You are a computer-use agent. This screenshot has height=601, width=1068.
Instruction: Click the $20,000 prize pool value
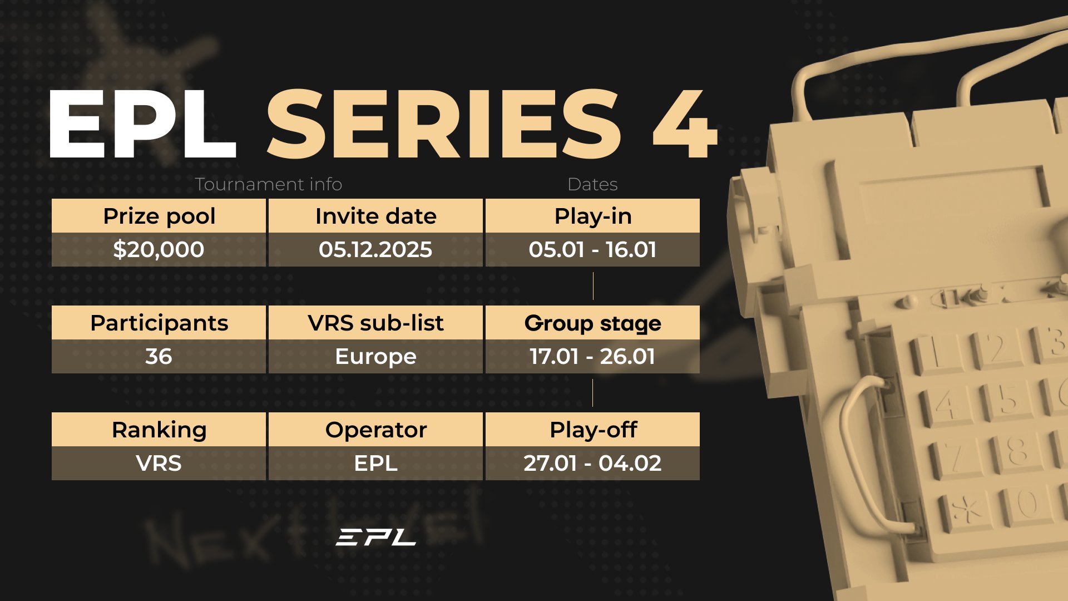pyautogui.click(x=159, y=249)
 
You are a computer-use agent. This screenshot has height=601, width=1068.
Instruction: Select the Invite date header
pyautogui.click(x=376, y=216)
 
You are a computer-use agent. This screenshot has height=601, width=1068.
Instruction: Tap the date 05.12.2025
pyautogui.click(x=375, y=249)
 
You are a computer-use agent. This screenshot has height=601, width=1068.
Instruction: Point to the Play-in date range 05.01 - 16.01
pyautogui.click(x=592, y=249)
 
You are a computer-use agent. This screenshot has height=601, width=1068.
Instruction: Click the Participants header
pyautogui.click(x=159, y=323)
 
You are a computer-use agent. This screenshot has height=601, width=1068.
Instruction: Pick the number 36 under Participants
pyautogui.click(x=159, y=356)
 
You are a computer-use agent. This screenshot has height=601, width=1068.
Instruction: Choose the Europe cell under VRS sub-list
pyautogui.click(x=375, y=356)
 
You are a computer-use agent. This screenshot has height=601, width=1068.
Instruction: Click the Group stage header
pyautogui.click(x=593, y=323)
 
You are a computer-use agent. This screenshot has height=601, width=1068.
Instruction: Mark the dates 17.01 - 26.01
pyautogui.click(x=592, y=356)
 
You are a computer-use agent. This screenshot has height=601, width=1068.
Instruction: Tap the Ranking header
pyautogui.click(x=159, y=430)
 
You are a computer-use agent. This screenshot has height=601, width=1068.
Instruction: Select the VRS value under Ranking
pyautogui.click(x=159, y=463)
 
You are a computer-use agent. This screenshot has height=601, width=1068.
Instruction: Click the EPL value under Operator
pyautogui.click(x=375, y=463)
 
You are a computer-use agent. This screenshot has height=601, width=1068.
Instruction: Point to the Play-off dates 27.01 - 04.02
pyautogui.click(x=592, y=463)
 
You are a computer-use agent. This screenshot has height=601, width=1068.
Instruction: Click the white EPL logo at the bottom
pyautogui.click(x=376, y=537)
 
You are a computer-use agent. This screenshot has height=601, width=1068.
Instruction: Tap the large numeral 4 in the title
pyautogui.click(x=685, y=124)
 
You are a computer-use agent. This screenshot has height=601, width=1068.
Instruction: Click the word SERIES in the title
pyautogui.click(x=443, y=124)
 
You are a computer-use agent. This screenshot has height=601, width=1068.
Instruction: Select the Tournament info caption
pyautogui.click(x=269, y=184)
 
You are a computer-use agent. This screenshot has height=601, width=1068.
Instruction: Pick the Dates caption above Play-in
pyautogui.click(x=592, y=184)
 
